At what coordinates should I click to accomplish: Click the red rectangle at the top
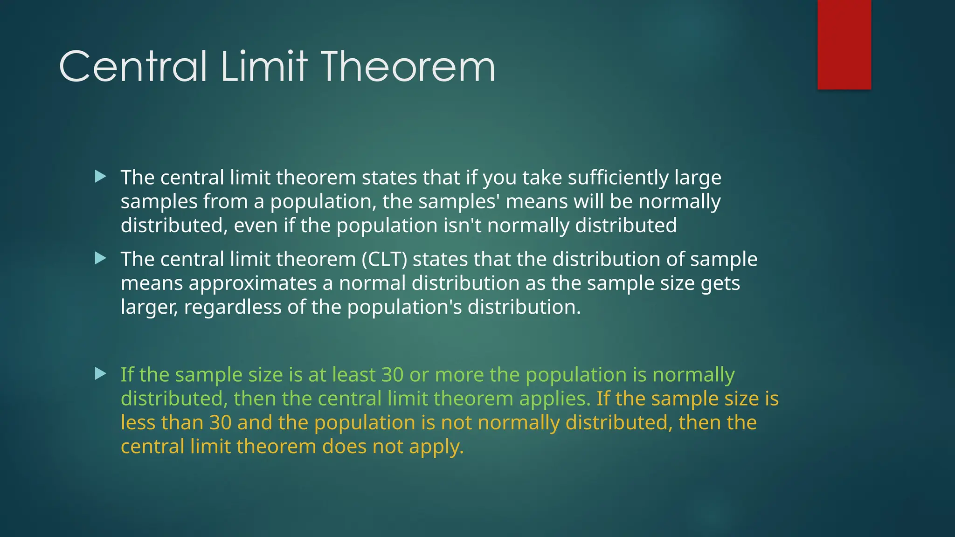pyautogui.click(x=844, y=44)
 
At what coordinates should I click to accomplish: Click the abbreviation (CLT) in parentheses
pyautogui.click(x=384, y=260)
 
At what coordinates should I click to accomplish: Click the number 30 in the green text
pyautogui.click(x=392, y=375)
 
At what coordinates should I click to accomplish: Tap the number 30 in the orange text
pyautogui.click(x=221, y=423)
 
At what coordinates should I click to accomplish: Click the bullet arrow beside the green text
pyautogui.click(x=100, y=373)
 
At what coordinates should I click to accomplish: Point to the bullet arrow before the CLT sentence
pyautogui.click(x=100, y=258)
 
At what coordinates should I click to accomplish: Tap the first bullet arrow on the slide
pyautogui.click(x=100, y=176)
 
